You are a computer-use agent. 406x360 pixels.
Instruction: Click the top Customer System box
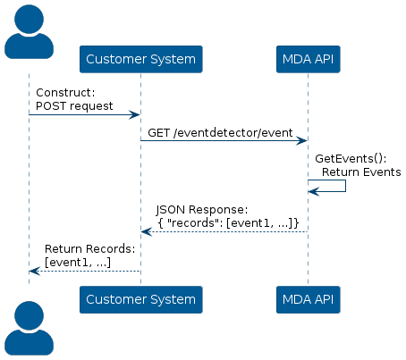pos(141,59)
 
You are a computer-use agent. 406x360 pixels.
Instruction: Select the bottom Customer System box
pos(141,299)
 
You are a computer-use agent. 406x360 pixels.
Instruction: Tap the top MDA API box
pos(309,59)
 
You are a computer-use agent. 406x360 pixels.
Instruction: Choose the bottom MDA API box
pos(309,299)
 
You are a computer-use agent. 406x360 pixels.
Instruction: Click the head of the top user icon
pos(29,19)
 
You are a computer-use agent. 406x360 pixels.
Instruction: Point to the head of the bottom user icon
pos(29,315)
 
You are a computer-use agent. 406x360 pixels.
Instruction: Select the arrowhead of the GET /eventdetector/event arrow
pos(301,140)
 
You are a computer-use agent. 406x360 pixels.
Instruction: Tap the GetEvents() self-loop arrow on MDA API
pos(345,186)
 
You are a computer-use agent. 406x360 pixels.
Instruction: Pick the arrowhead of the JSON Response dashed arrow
pos(147,231)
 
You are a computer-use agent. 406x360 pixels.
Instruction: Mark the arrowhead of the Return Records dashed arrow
pos(35,271)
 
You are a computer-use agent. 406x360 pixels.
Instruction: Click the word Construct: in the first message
pos(65,93)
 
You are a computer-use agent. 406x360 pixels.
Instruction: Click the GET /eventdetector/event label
pos(220,133)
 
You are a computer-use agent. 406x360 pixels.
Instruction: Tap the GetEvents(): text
pos(351,158)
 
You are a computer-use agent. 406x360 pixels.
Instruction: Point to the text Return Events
pos(361,172)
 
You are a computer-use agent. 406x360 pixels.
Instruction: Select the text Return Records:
pos(90,249)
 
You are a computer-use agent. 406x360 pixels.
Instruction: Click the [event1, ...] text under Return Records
pos(78,263)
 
